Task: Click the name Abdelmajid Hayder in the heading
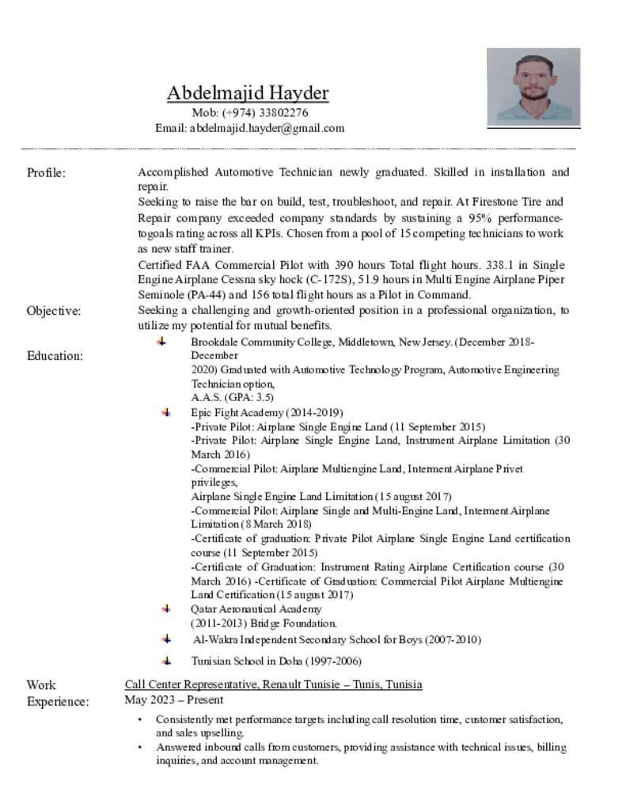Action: point(247,93)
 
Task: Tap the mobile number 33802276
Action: point(283,112)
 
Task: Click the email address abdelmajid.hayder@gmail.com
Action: point(267,128)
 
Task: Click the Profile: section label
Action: point(46,172)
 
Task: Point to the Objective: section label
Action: point(54,311)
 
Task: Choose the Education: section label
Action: point(55,356)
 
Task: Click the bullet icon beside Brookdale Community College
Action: point(161,342)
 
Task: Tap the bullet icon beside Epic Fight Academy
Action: point(166,412)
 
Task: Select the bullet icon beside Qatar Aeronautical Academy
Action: point(166,608)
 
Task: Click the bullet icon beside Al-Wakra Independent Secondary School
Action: point(166,638)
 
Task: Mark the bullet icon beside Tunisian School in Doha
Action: point(166,660)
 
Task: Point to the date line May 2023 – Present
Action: point(174,699)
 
